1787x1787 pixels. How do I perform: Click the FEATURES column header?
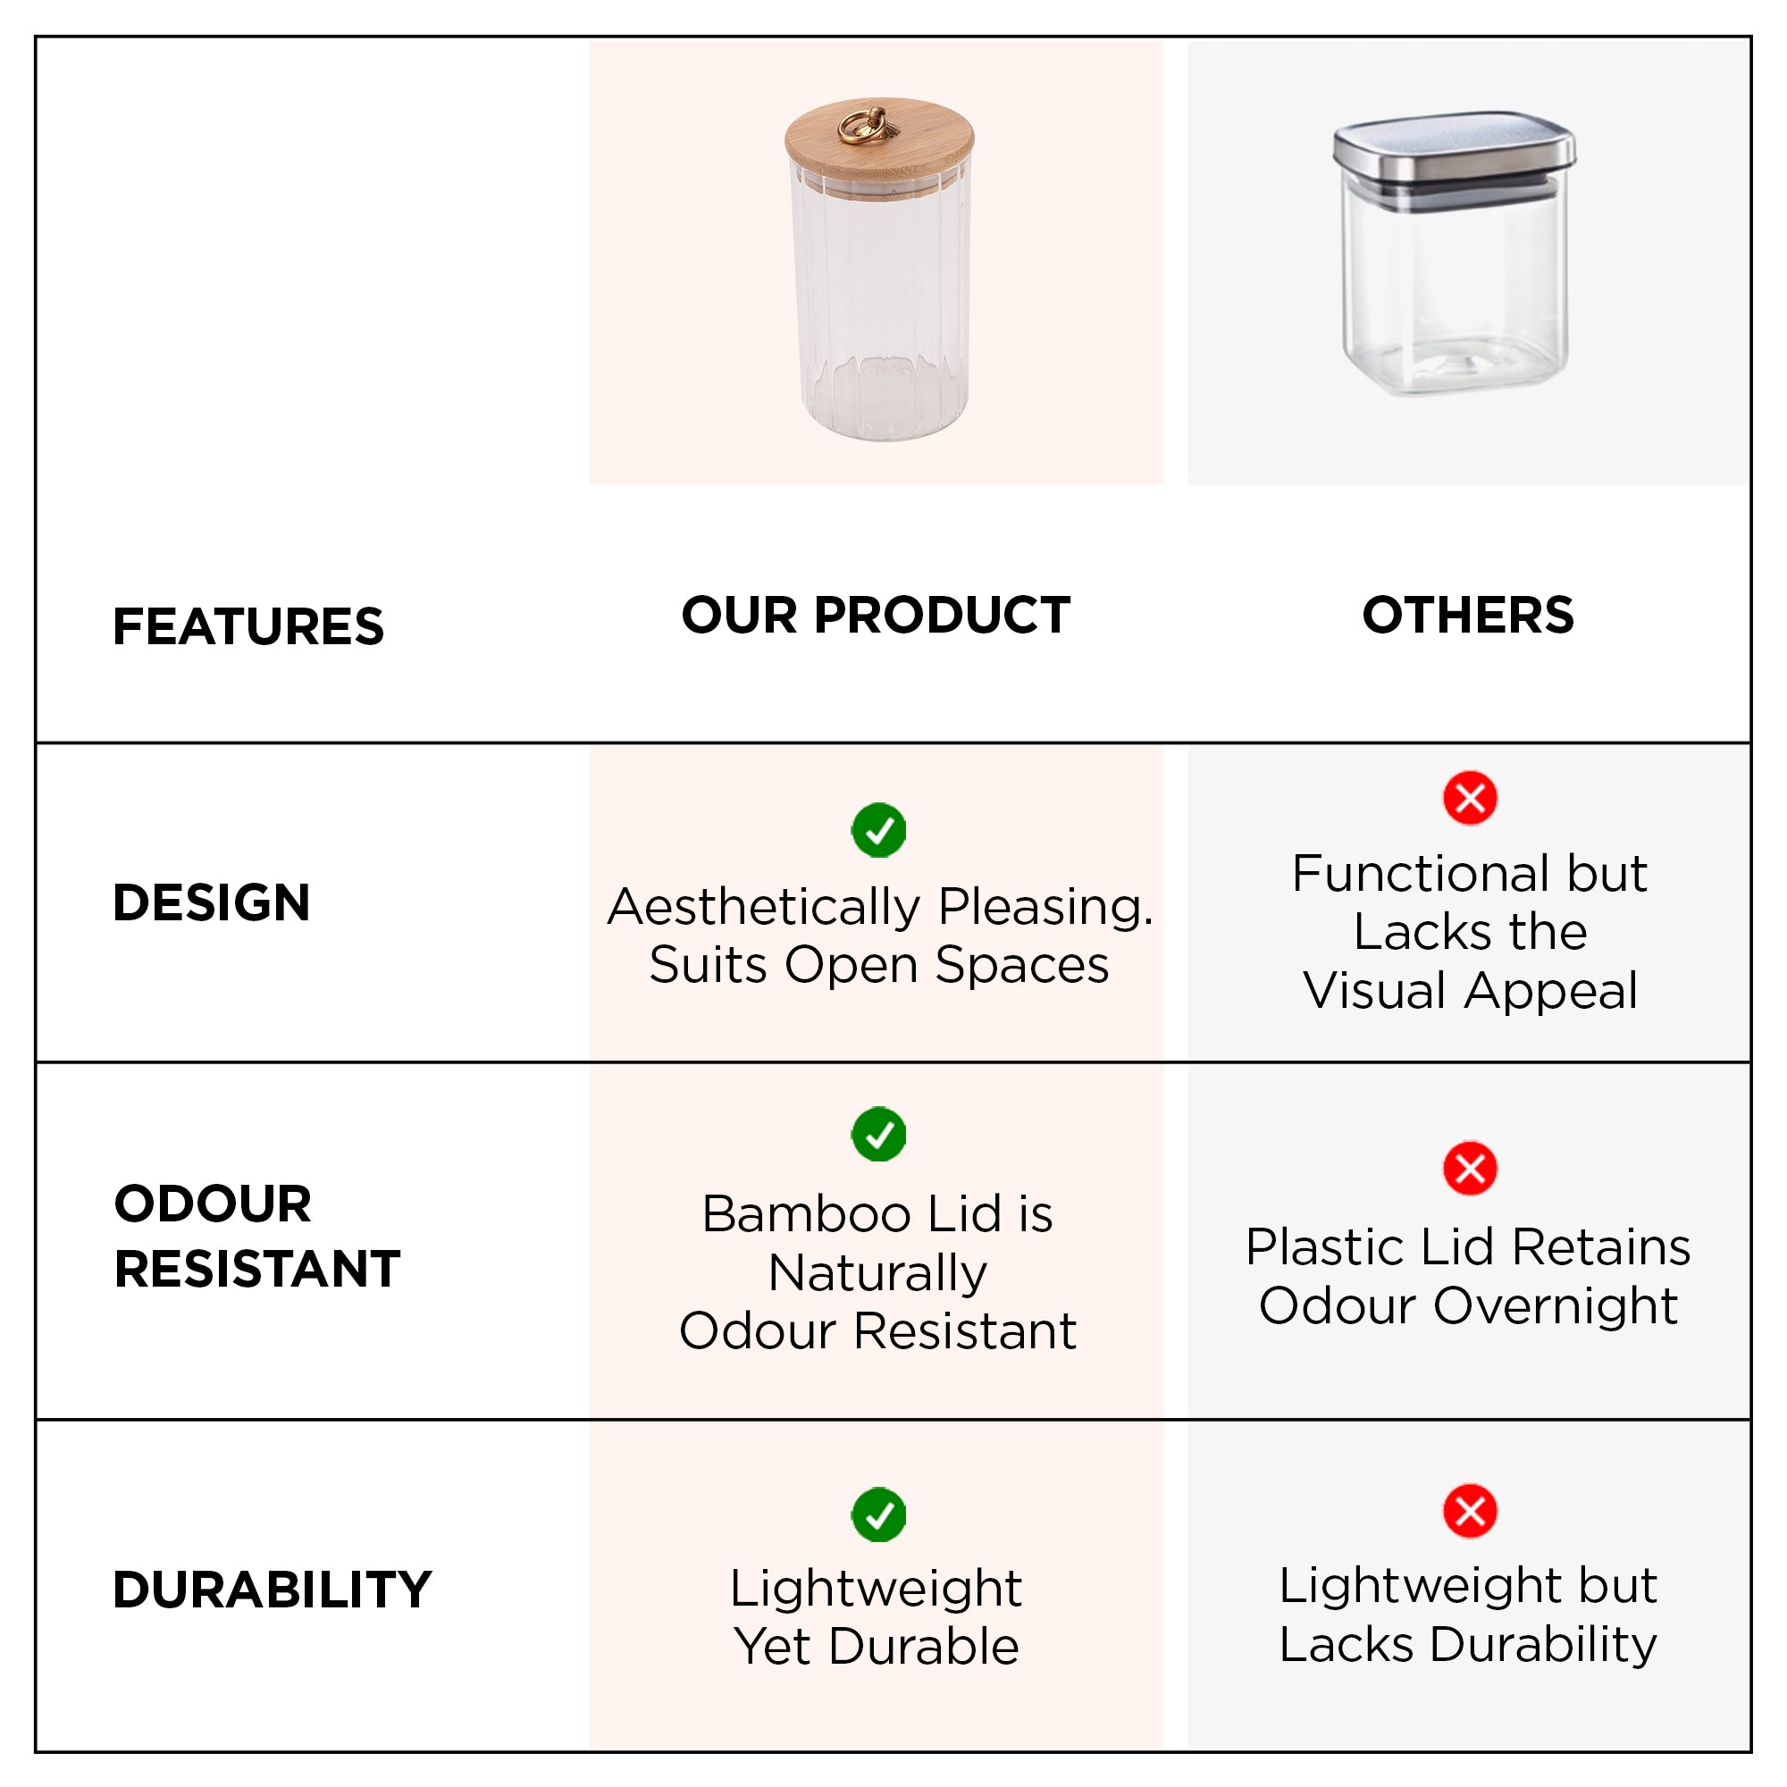click(x=247, y=626)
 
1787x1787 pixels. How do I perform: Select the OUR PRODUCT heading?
click(x=876, y=615)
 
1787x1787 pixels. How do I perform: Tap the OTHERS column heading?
click(x=1468, y=615)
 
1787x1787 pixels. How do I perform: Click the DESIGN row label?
click(x=211, y=902)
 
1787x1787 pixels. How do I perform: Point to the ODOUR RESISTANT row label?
click(x=257, y=1236)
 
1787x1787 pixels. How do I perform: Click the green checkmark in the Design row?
click(x=878, y=830)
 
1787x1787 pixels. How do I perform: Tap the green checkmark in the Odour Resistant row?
click(x=878, y=1133)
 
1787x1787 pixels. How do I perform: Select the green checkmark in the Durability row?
click(x=878, y=1514)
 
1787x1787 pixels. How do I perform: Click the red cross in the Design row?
click(x=1470, y=797)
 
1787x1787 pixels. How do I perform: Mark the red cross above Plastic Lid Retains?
click(x=1470, y=1168)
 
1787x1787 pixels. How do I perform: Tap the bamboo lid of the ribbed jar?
click(x=878, y=148)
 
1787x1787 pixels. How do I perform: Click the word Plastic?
click(x=1325, y=1246)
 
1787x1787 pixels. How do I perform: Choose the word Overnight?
click(x=1556, y=1307)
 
